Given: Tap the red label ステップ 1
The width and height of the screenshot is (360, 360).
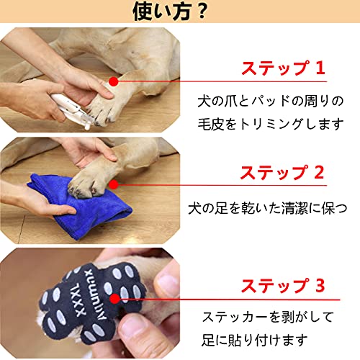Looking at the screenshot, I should [282, 69].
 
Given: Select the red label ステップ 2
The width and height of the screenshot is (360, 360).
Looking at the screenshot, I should [282, 173].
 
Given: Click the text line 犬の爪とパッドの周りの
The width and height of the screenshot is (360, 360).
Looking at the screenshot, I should [271, 99].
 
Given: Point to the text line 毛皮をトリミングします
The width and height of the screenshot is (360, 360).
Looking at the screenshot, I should [271, 124].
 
